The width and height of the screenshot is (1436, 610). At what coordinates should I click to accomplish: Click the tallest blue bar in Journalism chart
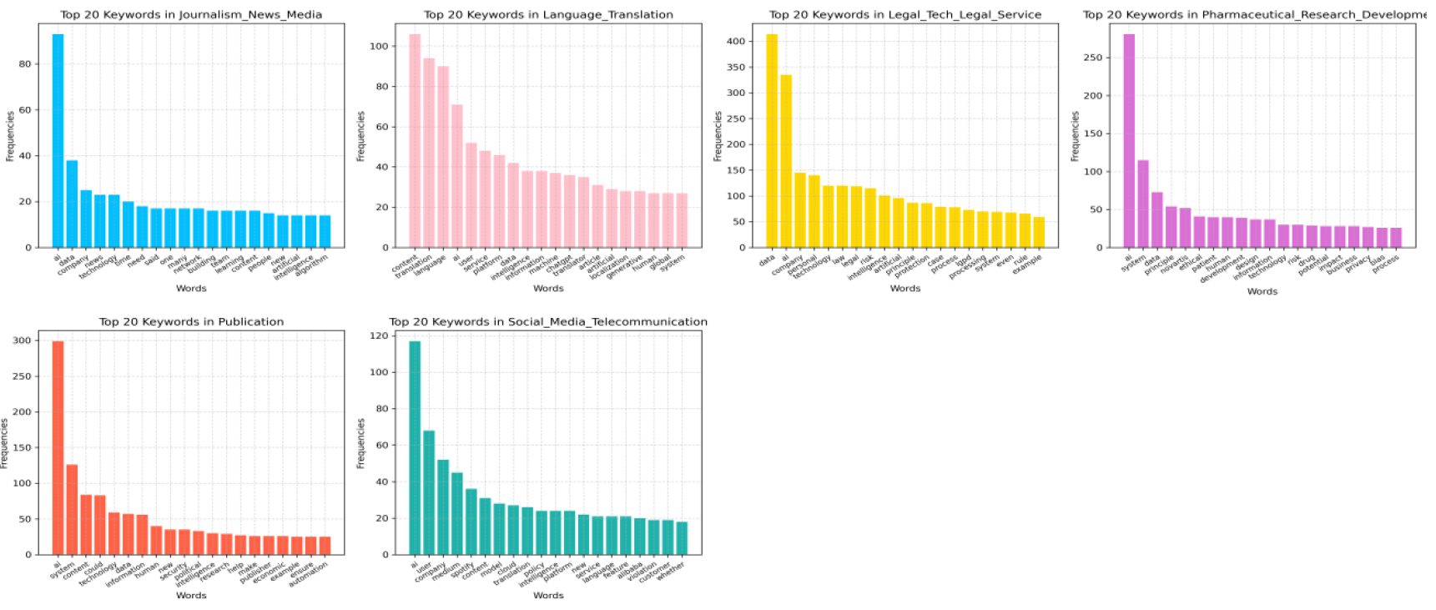click(x=58, y=141)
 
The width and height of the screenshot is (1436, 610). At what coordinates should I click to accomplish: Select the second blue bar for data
click(x=72, y=204)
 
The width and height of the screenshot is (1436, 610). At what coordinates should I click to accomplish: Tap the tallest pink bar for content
click(x=415, y=141)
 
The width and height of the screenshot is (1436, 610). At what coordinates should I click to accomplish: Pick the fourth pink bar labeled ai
click(x=457, y=176)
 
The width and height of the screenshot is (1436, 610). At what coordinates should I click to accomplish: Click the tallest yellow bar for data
click(x=772, y=141)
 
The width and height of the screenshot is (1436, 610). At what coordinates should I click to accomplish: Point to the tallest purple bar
click(x=1129, y=141)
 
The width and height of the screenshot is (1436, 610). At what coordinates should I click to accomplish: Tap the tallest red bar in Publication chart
click(x=58, y=447)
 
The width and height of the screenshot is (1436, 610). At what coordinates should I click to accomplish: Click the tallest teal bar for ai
click(x=415, y=447)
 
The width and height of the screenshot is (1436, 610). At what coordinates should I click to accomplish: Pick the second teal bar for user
click(x=429, y=492)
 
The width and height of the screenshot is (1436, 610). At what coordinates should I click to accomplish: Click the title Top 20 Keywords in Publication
click(x=191, y=321)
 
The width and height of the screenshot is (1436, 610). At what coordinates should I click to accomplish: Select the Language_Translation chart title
click(x=548, y=14)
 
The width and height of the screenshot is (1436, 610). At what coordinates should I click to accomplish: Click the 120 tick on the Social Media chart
click(x=379, y=336)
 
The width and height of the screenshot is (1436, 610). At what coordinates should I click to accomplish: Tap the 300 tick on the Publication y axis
click(x=22, y=340)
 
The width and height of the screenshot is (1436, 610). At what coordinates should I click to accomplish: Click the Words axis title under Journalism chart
click(x=191, y=288)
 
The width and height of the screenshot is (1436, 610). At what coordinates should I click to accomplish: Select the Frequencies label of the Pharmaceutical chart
click(x=1076, y=136)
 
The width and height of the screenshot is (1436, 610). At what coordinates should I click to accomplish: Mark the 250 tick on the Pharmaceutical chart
click(x=1092, y=58)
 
